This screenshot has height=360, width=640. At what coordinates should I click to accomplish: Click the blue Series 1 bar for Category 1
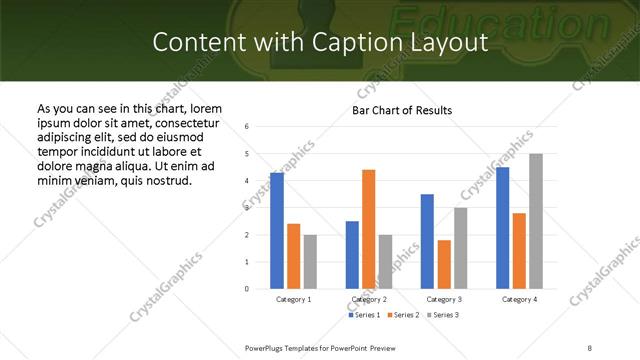[277, 231]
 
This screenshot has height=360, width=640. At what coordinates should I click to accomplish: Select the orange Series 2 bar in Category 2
[368, 229]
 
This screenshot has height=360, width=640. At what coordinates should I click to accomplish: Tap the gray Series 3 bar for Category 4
[535, 221]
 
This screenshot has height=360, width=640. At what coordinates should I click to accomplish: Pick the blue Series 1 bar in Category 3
[427, 241]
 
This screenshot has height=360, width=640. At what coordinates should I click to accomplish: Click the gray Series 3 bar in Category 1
[310, 262]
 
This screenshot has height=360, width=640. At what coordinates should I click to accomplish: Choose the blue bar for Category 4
[502, 228]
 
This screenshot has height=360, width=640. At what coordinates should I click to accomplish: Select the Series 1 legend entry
[365, 315]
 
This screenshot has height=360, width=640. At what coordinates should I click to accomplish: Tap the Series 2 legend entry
[403, 315]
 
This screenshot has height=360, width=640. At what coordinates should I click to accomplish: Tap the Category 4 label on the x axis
[519, 299]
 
